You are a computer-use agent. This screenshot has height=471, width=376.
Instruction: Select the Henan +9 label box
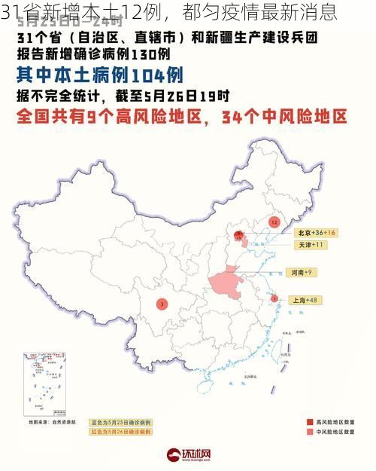pyautogui.click(x=299, y=272)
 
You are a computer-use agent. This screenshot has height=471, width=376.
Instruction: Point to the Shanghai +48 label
pyautogui.click(x=304, y=300)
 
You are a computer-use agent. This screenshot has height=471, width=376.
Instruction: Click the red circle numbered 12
pyautogui.click(x=274, y=223)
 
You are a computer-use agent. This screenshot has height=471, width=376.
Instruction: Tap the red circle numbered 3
pyautogui.click(x=162, y=304)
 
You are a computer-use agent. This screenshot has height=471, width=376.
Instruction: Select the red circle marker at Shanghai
pyautogui.click(x=274, y=298)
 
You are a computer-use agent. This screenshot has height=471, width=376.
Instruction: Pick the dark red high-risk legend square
pyautogui.click(x=310, y=422)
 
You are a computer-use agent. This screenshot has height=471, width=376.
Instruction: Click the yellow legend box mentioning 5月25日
pyautogui.click(x=121, y=422)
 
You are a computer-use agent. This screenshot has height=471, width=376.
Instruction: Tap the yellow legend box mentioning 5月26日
pyautogui.click(x=121, y=433)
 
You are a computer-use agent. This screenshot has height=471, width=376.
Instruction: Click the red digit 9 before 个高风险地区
pyautogui.click(x=108, y=117)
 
